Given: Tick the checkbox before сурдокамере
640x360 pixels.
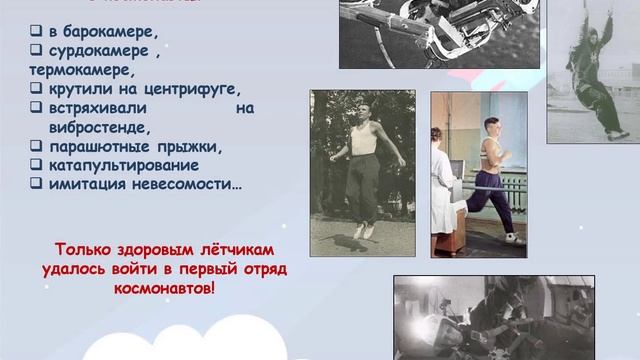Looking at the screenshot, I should pyautogui.click(x=35, y=51).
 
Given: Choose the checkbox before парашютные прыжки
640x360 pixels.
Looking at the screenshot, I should pyautogui.click(x=35, y=146).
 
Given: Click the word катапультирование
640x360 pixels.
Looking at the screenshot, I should pyautogui.click(x=124, y=165).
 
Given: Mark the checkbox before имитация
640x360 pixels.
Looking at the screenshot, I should pyautogui.click(x=35, y=184).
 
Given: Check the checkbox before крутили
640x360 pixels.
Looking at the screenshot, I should pyautogui.click(x=35, y=89).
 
